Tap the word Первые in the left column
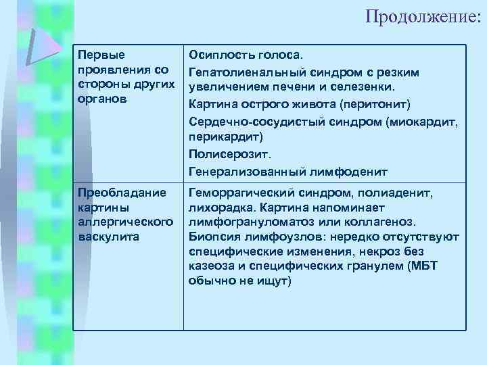[x=96, y=53]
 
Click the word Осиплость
[x=220, y=53]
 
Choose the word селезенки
[x=371, y=87]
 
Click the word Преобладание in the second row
[x=122, y=193]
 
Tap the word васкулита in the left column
[x=109, y=237]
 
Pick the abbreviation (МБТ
[x=423, y=266]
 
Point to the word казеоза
[x=212, y=266]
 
